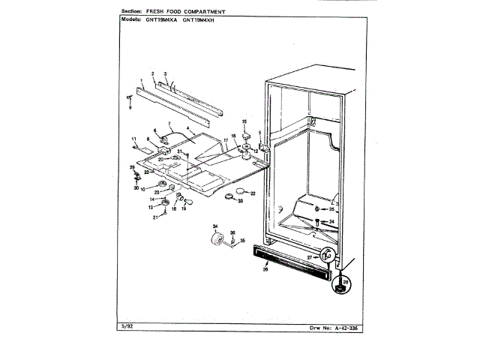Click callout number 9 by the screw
tap(129, 106)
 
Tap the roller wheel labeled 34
tap(218, 241)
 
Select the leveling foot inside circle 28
tap(343, 284)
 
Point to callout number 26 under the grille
tap(265, 269)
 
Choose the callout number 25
tap(331, 209)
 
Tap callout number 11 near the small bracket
tap(133, 139)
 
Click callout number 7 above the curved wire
tap(169, 124)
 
